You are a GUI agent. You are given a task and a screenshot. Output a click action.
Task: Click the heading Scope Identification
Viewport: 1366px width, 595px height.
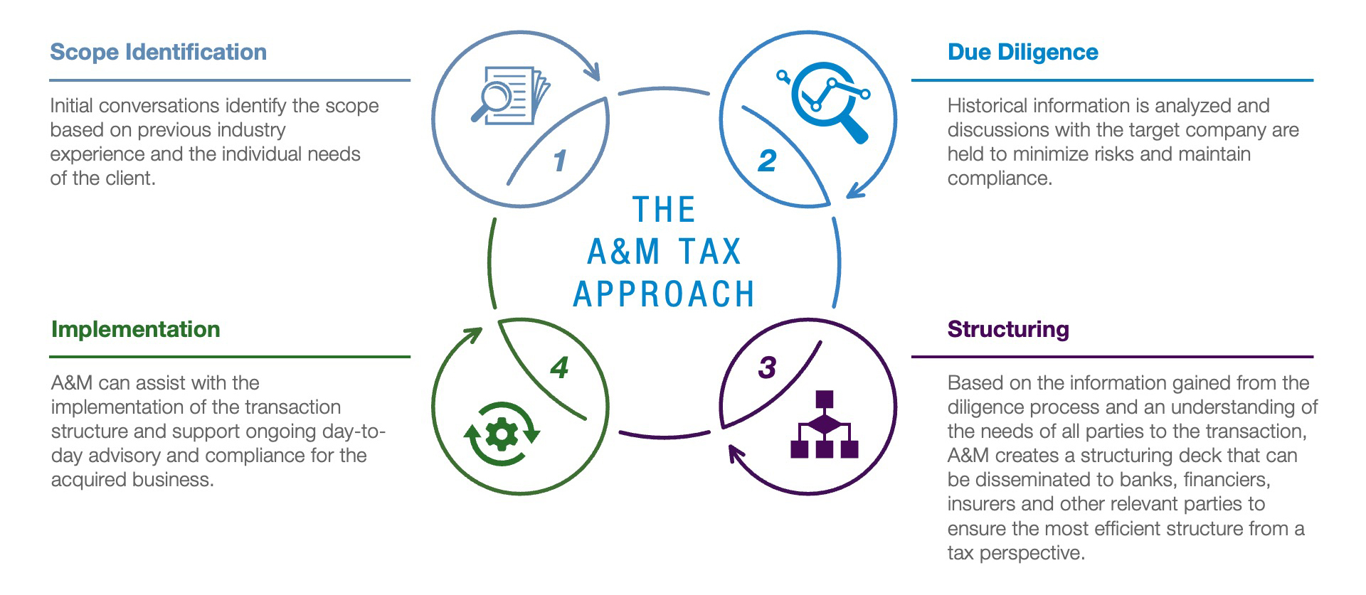tap(158, 52)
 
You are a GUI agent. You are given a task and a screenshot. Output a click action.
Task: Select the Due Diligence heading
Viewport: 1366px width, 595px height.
tap(1022, 52)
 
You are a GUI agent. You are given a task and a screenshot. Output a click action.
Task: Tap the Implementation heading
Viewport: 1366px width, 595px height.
tap(135, 329)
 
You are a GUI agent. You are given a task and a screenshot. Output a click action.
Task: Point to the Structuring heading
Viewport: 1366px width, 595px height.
tap(1008, 329)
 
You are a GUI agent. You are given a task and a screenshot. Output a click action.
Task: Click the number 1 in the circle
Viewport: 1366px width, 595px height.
tap(560, 161)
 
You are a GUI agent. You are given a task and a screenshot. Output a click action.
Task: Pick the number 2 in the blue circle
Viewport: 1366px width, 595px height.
tap(766, 161)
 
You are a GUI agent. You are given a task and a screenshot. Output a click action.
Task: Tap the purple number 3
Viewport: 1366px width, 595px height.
tap(766, 368)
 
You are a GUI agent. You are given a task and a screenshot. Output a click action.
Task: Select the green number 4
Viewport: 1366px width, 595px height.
tap(560, 368)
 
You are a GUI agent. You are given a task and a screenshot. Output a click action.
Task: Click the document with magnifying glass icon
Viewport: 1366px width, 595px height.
tap(510, 95)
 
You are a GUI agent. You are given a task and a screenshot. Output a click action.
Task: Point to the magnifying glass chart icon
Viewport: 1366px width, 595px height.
tap(823, 101)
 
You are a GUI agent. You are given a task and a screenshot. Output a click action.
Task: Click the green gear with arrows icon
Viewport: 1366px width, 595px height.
tap(502, 434)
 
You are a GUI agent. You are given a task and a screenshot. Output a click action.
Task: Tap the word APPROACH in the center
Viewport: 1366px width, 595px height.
tap(664, 294)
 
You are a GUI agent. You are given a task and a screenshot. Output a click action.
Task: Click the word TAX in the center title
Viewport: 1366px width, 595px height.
tap(709, 252)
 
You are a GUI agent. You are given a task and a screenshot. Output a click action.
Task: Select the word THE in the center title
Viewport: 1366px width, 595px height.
tap(664, 210)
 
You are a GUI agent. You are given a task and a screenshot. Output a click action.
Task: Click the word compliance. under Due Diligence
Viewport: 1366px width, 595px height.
tap(1000, 178)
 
